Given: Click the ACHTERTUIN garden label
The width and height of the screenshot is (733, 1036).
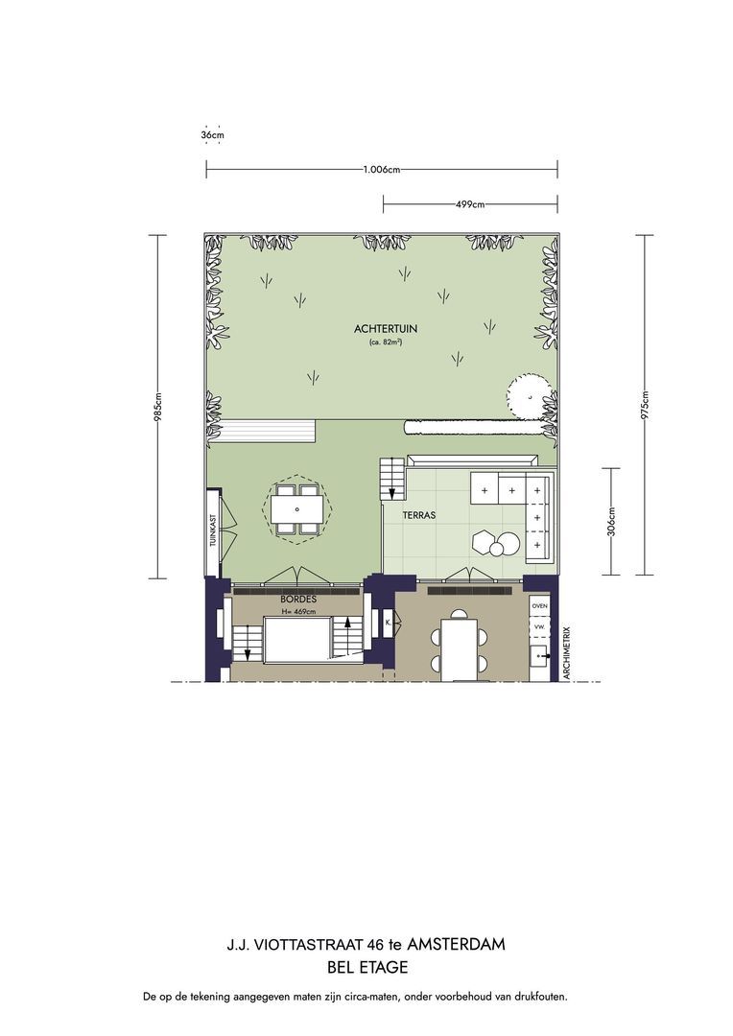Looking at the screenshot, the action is tap(386, 328).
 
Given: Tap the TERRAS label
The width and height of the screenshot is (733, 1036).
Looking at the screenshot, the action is tap(419, 515).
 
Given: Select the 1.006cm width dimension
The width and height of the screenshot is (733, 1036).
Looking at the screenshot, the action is tap(382, 169).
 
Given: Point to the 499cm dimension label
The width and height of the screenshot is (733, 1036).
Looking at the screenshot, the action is tap(470, 204).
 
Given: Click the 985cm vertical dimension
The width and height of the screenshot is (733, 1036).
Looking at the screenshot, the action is tap(157, 407).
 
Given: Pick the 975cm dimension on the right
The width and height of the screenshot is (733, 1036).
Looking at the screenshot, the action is tap(646, 405).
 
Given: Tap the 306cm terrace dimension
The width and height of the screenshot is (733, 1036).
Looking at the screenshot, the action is tap(611, 521).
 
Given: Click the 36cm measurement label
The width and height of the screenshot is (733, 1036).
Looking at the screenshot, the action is tap(212, 135).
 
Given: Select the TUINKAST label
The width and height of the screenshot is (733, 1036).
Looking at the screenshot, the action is tap(213, 530).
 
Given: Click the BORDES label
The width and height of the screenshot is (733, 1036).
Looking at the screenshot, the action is tap(298, 600).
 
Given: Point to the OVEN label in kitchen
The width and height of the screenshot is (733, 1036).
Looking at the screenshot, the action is tap(540, 606).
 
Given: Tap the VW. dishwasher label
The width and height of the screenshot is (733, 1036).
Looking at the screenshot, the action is tap(539, 626).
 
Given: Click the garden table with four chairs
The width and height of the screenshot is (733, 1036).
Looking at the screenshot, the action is tap(297, 509).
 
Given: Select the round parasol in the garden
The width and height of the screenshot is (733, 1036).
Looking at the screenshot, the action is tap(529, 396).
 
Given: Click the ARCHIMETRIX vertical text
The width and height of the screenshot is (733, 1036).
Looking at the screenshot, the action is tap(566, 653).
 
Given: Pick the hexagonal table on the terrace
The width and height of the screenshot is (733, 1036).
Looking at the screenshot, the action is tap(484, 541).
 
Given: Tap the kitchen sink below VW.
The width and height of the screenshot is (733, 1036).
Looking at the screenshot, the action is tap(539, 656).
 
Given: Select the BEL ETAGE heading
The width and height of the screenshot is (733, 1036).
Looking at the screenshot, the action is tap(367, 967).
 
